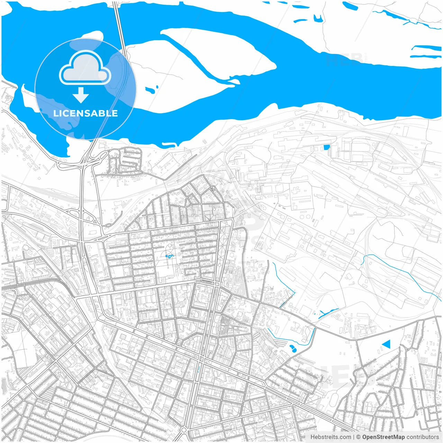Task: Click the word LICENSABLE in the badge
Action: (x=85, y=113)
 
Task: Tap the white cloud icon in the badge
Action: (x=85, y=68)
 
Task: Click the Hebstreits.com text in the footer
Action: (x=331, y=437)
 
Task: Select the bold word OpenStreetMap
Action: (x=383, y=437)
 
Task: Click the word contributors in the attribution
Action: (x=423, y=437)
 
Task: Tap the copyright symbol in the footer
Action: (x=359, y=437)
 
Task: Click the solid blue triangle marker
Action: (x=387, y=344)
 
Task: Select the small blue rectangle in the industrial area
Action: (x=326, y=147)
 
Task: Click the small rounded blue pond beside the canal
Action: (x=293, y=348)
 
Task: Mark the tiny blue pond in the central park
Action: (x=169, y=256)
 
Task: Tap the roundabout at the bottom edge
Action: (x=184, y=430)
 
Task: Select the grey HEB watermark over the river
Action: (x=344, y=60)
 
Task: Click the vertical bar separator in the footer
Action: (x=354, y=437)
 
